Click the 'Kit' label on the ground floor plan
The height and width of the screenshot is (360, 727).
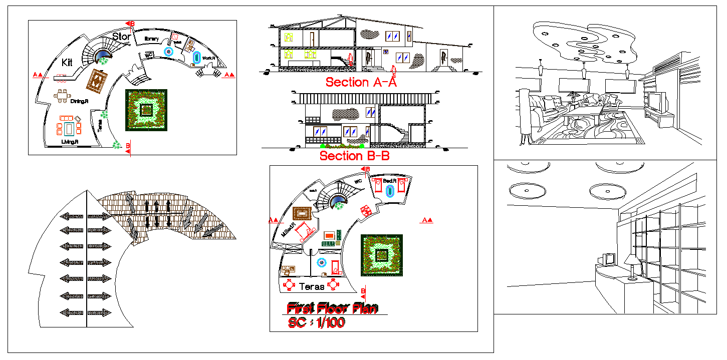click(x=67, y=63)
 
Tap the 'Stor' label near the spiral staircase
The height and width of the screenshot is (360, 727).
click(x=122, y=37)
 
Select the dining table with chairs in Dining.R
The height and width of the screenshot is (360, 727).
click(x=62, y=96)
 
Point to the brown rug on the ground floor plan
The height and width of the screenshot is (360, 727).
click(x=98, y=81)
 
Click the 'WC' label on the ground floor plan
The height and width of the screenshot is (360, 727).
click(x=149, y=54)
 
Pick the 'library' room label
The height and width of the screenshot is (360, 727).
click(x=151, y=39)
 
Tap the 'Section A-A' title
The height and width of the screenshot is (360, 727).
click(x=361, y=82)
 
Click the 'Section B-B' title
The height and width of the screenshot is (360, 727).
click(x=354, y=156)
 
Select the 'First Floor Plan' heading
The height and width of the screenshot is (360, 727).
click(x=332, y=308)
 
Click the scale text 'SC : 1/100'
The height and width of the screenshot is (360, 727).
click(x=316, y=323)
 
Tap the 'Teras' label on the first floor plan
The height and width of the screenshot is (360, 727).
click(x=311, y=287)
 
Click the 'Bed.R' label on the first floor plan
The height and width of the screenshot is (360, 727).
click(x=390, y=181)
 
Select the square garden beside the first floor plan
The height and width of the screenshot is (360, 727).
click(x=381, y=255)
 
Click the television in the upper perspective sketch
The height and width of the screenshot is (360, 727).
click(x=658, y=102)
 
